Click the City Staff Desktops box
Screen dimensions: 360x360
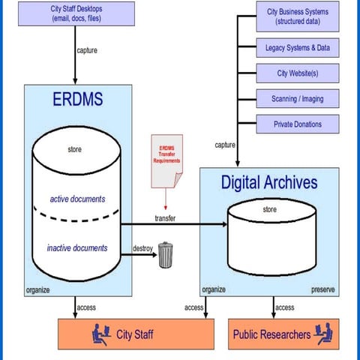(76, 14)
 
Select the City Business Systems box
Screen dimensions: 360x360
(297, 17)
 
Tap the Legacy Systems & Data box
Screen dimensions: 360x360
(297, 48)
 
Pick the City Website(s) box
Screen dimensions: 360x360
(297, 73)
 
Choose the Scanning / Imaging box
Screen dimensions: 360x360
(297, 98)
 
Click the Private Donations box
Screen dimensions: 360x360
(297, 124)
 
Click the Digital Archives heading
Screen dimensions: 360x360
(268, 181)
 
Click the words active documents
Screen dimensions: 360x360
(77, 199)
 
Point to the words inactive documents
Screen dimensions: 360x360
(78, 247)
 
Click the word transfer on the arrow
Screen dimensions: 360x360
(165, 217)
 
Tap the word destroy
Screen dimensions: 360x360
(144, 247)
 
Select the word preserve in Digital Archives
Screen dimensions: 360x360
(322, 289)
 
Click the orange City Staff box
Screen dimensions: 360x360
(124, 334)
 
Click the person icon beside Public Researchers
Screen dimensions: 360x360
(323, 333)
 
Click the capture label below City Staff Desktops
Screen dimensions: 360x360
(87, 51)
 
